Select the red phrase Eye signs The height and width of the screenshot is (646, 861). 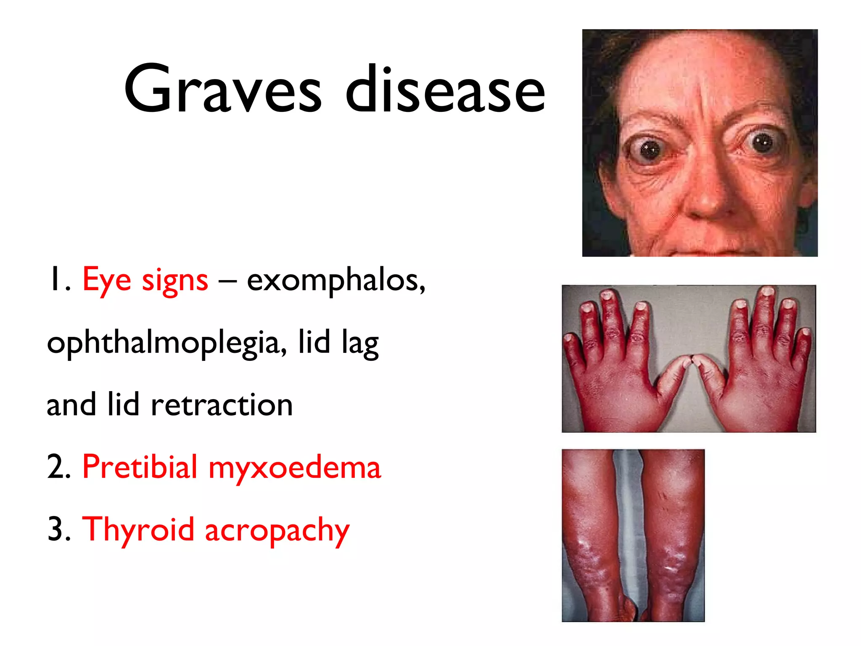pos(145,280)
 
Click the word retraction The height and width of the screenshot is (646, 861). pos(222,405)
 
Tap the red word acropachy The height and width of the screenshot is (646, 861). pos(277,531)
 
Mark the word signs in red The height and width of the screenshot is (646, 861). pos(175,281)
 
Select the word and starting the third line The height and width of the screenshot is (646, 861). pos(71,405)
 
